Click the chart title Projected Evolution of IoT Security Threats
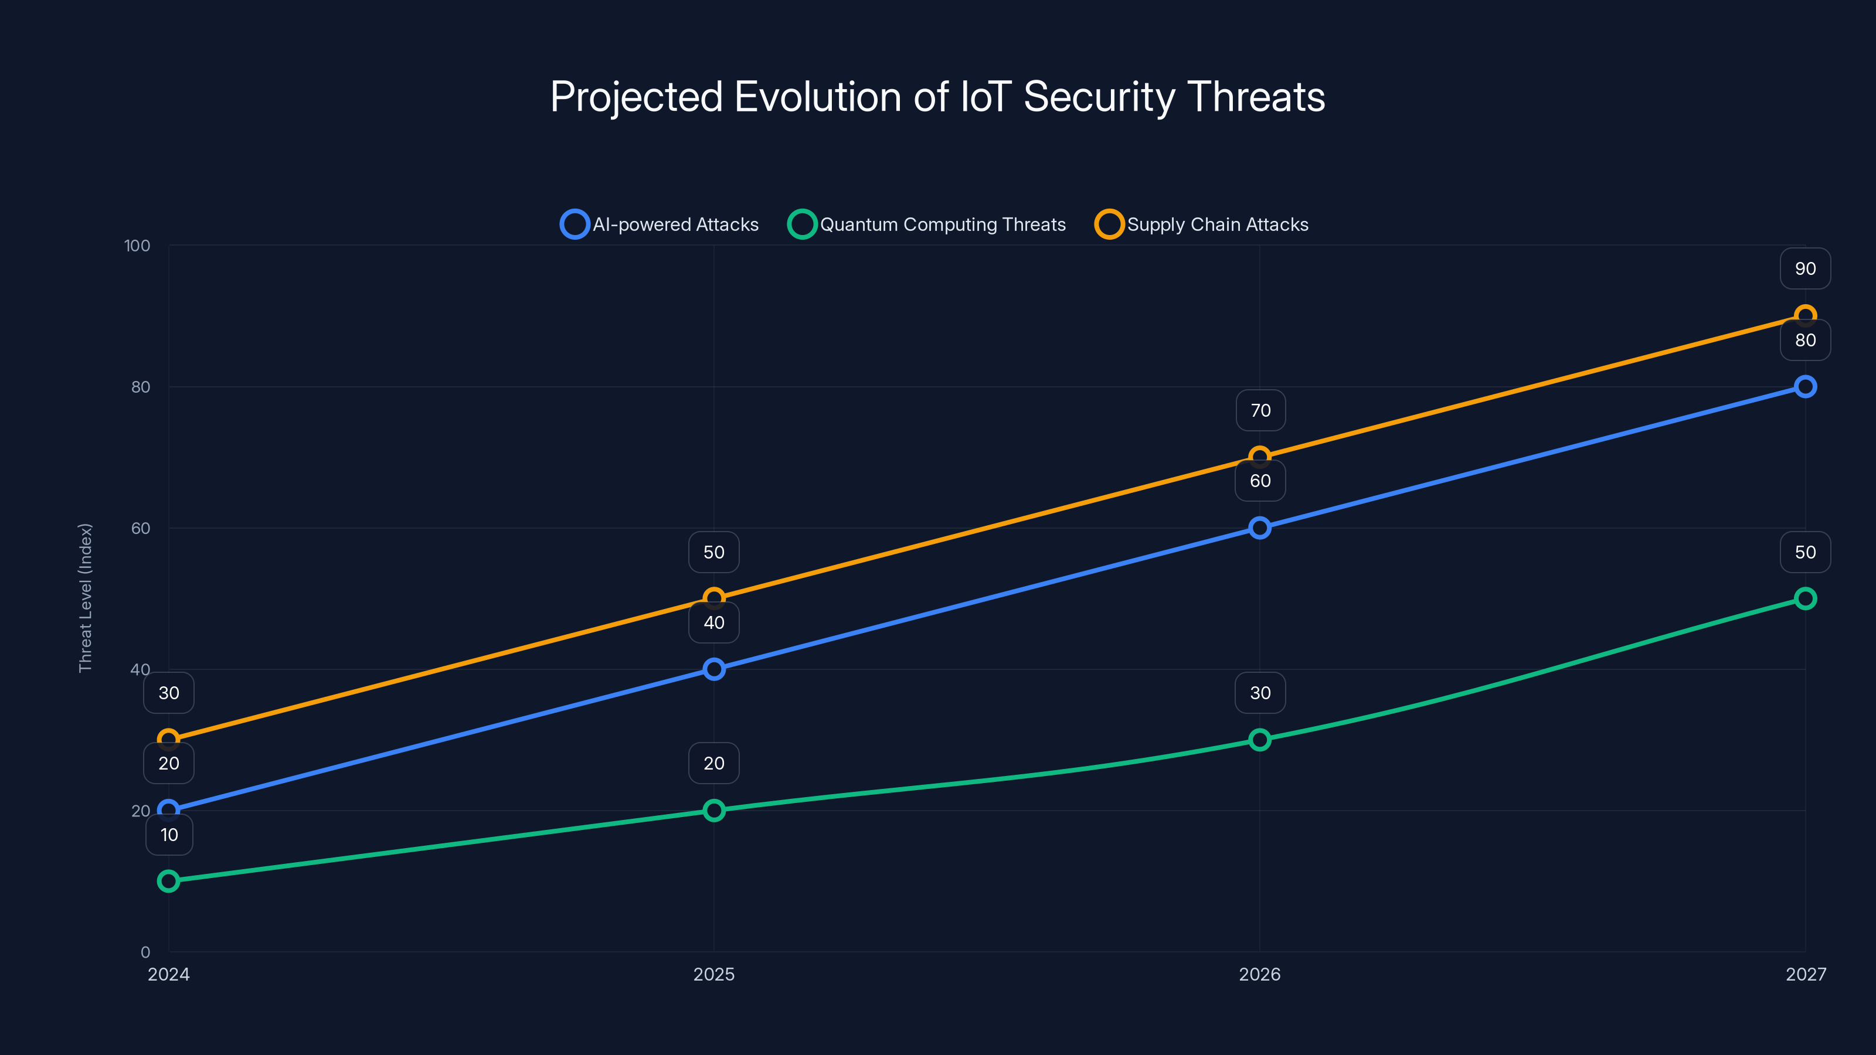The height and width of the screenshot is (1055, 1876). (937, 97)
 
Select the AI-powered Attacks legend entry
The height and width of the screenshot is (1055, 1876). (660, 224)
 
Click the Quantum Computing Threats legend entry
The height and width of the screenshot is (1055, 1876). (927, 224)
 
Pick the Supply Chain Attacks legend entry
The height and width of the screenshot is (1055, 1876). (1202, 224)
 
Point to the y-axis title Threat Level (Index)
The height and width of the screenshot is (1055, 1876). (86, 598)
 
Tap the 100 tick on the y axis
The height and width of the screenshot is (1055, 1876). (137, 246)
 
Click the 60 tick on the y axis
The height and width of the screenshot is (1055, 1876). (141, 528)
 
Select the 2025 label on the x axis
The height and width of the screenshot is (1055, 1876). (713, 974)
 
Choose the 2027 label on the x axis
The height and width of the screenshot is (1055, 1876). (1806, 974)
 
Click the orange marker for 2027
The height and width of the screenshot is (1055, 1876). (1806, 316)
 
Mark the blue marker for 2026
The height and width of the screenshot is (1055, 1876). (1260, 528)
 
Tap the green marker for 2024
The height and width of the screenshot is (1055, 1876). (168, 881)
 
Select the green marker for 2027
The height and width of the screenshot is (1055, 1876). (1806, 598)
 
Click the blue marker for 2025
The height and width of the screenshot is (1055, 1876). (713, 669)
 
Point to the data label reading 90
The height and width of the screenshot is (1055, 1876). (1806, 268)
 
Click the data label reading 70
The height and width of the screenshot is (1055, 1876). (1260, 411)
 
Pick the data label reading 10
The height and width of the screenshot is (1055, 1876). (169, 835)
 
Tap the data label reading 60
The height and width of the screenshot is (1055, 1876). (1260, 481)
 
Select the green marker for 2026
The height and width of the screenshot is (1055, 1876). (1260, 740)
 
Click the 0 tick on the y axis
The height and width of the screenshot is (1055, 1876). (145, 952)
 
